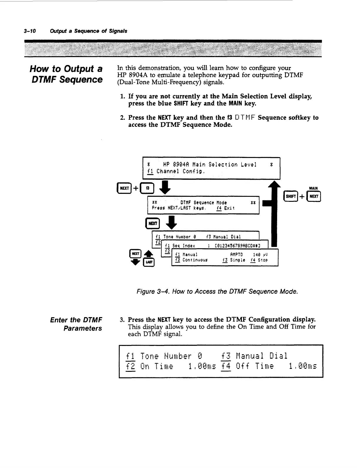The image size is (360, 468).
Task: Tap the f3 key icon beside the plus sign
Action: [148, 188]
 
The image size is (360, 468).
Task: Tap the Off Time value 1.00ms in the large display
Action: [303, 367]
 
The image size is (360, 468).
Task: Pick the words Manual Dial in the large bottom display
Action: [262, 356]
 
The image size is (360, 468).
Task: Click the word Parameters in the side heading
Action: [83, 328]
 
